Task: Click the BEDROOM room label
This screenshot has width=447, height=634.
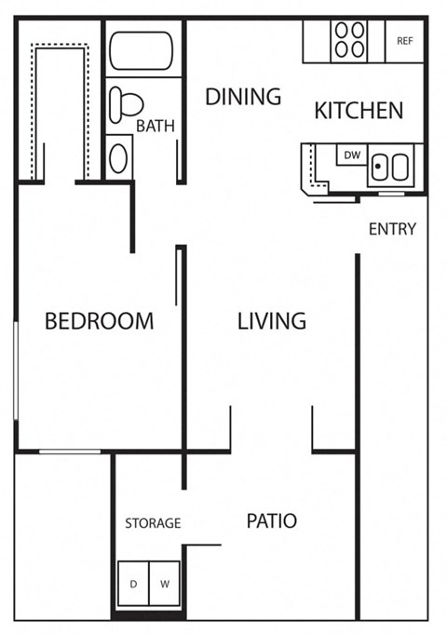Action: (x=100, y=321)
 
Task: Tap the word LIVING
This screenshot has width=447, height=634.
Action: (x=271, y=321)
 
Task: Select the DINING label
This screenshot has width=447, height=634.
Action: (x=243, y=97)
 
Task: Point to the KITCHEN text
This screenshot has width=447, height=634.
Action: (x=359, y=111)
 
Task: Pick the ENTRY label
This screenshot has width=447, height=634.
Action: (x=392, y=229)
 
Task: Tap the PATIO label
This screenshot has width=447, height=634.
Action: (x=271, y=520)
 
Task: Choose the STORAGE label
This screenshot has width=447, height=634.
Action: (x=153, y=523)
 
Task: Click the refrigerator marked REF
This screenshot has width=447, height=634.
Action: (x=405, y=41)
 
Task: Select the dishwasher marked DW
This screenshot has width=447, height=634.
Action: (x=352, y=155)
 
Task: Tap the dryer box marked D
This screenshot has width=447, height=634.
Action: (x=133, y=584)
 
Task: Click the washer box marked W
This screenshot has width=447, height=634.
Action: (x=165, y=584)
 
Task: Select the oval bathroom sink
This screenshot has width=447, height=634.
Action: (x=119, y=157)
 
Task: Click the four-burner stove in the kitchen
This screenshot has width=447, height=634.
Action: (x=349, y=40)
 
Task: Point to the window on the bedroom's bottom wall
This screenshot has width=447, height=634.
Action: (x=70, y=452)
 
